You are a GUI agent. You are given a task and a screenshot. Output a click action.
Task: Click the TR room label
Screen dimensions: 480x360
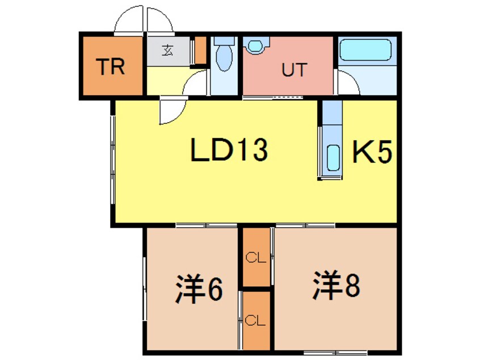point(110,66)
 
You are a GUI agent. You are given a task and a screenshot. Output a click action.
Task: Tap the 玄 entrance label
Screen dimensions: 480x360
point(167,50)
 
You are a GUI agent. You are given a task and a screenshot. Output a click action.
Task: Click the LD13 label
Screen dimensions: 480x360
point(229,149)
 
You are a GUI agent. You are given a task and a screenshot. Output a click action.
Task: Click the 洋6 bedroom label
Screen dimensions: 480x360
point(199,288)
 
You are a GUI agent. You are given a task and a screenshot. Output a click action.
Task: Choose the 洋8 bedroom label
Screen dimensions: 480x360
point(336,286)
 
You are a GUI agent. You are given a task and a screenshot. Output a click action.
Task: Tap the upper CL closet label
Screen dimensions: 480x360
point(255,258)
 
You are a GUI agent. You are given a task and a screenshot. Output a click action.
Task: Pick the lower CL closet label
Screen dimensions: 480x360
point(255,321)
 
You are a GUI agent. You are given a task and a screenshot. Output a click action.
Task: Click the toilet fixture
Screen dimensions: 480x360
point(224,55)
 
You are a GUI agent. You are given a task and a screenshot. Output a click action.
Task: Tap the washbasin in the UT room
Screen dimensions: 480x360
point(256,46)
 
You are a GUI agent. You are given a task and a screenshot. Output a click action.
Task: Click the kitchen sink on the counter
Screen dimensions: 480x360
point(333,158)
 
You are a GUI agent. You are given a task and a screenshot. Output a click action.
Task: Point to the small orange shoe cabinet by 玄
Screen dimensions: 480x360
point(200,51)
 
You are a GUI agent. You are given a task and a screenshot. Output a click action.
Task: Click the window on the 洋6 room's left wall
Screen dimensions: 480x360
point(144,290)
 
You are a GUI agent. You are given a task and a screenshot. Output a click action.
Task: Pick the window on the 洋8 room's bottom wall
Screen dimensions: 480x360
point(336,352)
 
